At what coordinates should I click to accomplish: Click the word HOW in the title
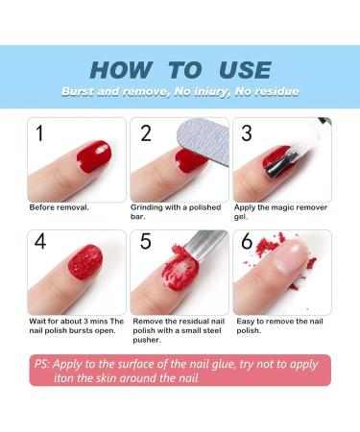120,69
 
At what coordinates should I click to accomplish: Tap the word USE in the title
245,69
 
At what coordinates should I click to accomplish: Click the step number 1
39,133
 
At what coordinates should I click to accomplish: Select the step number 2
146,133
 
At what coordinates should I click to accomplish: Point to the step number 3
247,133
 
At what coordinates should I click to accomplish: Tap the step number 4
40,241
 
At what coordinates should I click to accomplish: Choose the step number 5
146,241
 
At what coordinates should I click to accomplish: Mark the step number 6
247,241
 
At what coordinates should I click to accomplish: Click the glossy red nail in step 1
95,156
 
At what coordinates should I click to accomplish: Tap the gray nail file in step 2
204,141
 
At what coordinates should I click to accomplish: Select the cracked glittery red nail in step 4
85,262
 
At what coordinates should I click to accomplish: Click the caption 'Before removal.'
60,207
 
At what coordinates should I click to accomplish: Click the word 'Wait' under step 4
37,322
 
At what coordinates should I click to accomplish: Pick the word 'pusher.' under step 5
147,340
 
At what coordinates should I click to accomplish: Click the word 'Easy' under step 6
245,322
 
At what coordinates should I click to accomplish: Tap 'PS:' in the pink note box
42,364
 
